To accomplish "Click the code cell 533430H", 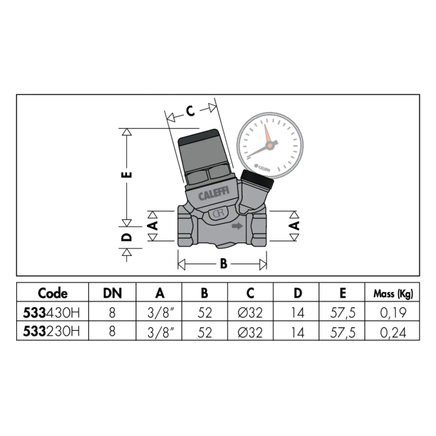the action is coord(52,313).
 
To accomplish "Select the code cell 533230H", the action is coord(52,331).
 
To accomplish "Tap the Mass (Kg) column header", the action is coord(393,293).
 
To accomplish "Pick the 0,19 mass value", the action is coord(393,313).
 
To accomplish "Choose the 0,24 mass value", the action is coord(393,332).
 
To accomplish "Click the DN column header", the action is coord(112,293).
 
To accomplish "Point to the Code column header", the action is coord(52,293).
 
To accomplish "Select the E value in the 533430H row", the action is coord(343,313).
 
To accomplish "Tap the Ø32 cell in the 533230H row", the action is coord(250,332).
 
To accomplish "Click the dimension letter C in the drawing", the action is coord(190,111).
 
